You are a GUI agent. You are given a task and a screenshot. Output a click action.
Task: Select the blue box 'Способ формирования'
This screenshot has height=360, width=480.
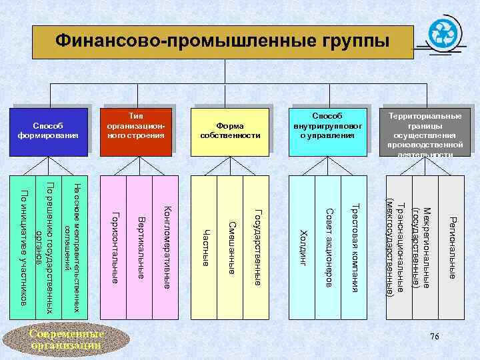(x=48, y=130)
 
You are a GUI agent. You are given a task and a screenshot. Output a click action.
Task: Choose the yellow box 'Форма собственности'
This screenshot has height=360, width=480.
(x=230, y=130)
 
